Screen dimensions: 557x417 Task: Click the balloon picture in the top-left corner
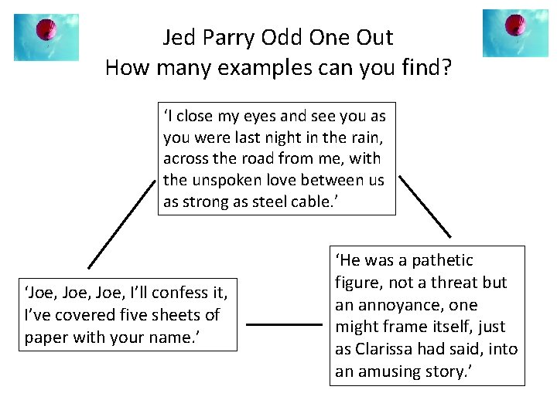pyautogui.click(x=46, y=37)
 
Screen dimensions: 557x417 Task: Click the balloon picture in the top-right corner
pyautogui.click(x=515, y=33)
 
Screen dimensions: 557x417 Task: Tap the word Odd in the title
pyautogui.click(x=282, y=37)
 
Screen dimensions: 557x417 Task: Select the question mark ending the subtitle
pyautogui.click(x=446, y=68)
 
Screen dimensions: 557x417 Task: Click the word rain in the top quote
pyautogui.click(x=362, y=137)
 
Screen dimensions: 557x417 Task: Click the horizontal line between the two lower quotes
pyautogui.click(x=283, y=325)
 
